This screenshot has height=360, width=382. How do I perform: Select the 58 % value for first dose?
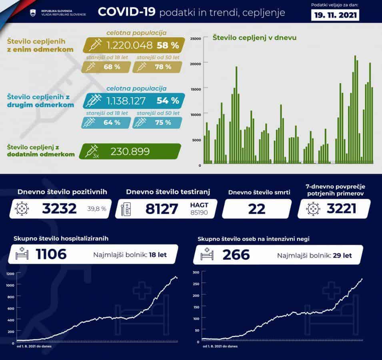pyautogui.click(x=168, y=45)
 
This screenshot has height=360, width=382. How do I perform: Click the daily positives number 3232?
pyautogui.click(x=60, y=208)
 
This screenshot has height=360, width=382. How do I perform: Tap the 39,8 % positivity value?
pyautogui.click(x=97, y=209)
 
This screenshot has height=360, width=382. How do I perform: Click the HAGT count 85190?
pyautogui.click(x=199, y=212)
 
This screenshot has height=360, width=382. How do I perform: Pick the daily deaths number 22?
pyautogui.click(x=256, y=208)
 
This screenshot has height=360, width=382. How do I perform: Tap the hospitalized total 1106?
pyautogui.click(x=51, y=254)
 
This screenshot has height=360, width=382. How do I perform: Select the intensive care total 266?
pyautogui.click(x=236, y=254)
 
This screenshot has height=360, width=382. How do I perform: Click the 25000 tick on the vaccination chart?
pyautogui.click(x=196, y=38)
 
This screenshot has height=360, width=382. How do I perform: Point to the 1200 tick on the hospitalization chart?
pyautogui.click(x=10, y=274)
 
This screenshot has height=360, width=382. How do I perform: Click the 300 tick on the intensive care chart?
pyautogui.click(x=196, y=272)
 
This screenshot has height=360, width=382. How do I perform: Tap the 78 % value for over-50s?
pyautogui.click(x=163, y=67)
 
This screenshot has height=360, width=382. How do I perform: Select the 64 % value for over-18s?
pyautogui.click(x=112, y=122)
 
